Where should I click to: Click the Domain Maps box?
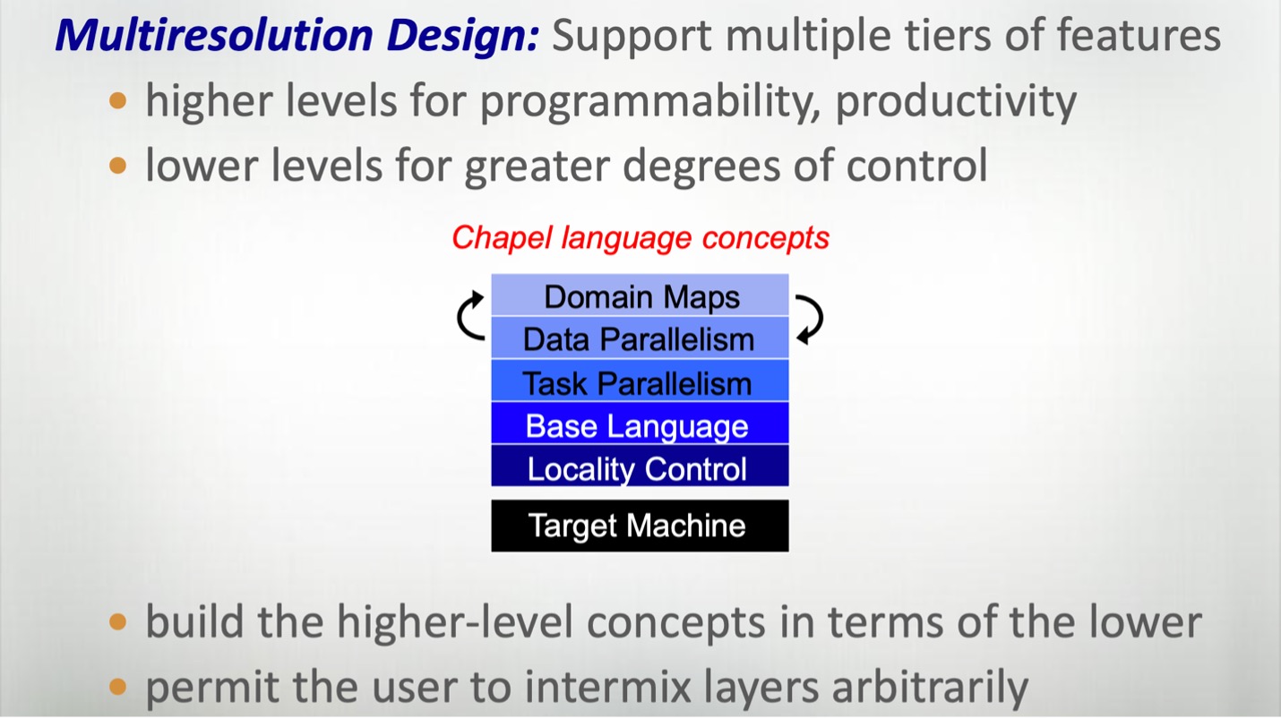640,296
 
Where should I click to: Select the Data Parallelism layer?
640,339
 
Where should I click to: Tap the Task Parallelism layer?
640,382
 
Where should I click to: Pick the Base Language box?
640,425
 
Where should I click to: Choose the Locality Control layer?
640,468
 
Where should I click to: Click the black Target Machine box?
640,526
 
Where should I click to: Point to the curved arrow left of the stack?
470,316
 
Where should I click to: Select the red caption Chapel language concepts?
640,238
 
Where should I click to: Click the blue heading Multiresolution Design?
297,37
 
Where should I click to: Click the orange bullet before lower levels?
118,166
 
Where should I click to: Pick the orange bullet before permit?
118,687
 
